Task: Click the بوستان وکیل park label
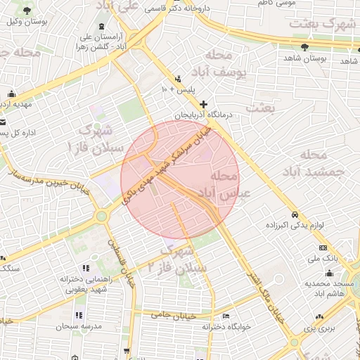[26, 21]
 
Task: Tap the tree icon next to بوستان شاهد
[304, 47]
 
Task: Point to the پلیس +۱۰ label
[179, 90]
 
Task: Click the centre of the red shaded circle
[181, 180]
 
